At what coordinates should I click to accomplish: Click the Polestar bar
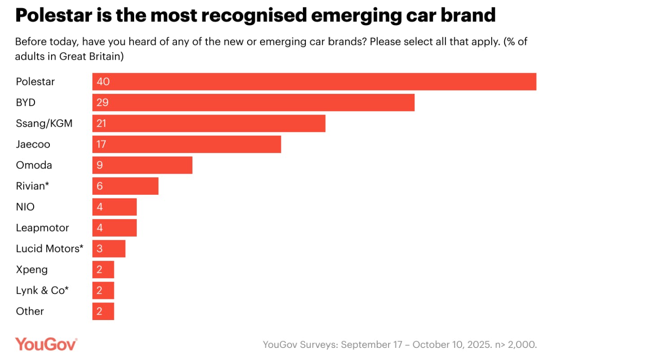314,82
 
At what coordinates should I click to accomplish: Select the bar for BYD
253,102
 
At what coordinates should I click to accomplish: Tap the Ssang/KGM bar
209,123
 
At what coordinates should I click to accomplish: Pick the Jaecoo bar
187,144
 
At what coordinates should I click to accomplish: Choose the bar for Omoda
142,165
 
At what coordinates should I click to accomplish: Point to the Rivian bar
125,186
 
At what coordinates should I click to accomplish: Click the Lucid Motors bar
109,248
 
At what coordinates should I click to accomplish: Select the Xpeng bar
103,269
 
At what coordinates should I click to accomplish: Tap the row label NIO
25,207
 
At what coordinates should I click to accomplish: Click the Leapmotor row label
42,228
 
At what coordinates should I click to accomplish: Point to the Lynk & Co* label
42,290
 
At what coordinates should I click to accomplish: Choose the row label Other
30,311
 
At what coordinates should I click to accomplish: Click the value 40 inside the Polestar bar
103,82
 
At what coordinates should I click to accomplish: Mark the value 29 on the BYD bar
102,102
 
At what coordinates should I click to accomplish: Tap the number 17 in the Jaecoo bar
101,144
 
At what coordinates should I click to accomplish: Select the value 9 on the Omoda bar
99,165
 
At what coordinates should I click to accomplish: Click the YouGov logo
46,344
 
